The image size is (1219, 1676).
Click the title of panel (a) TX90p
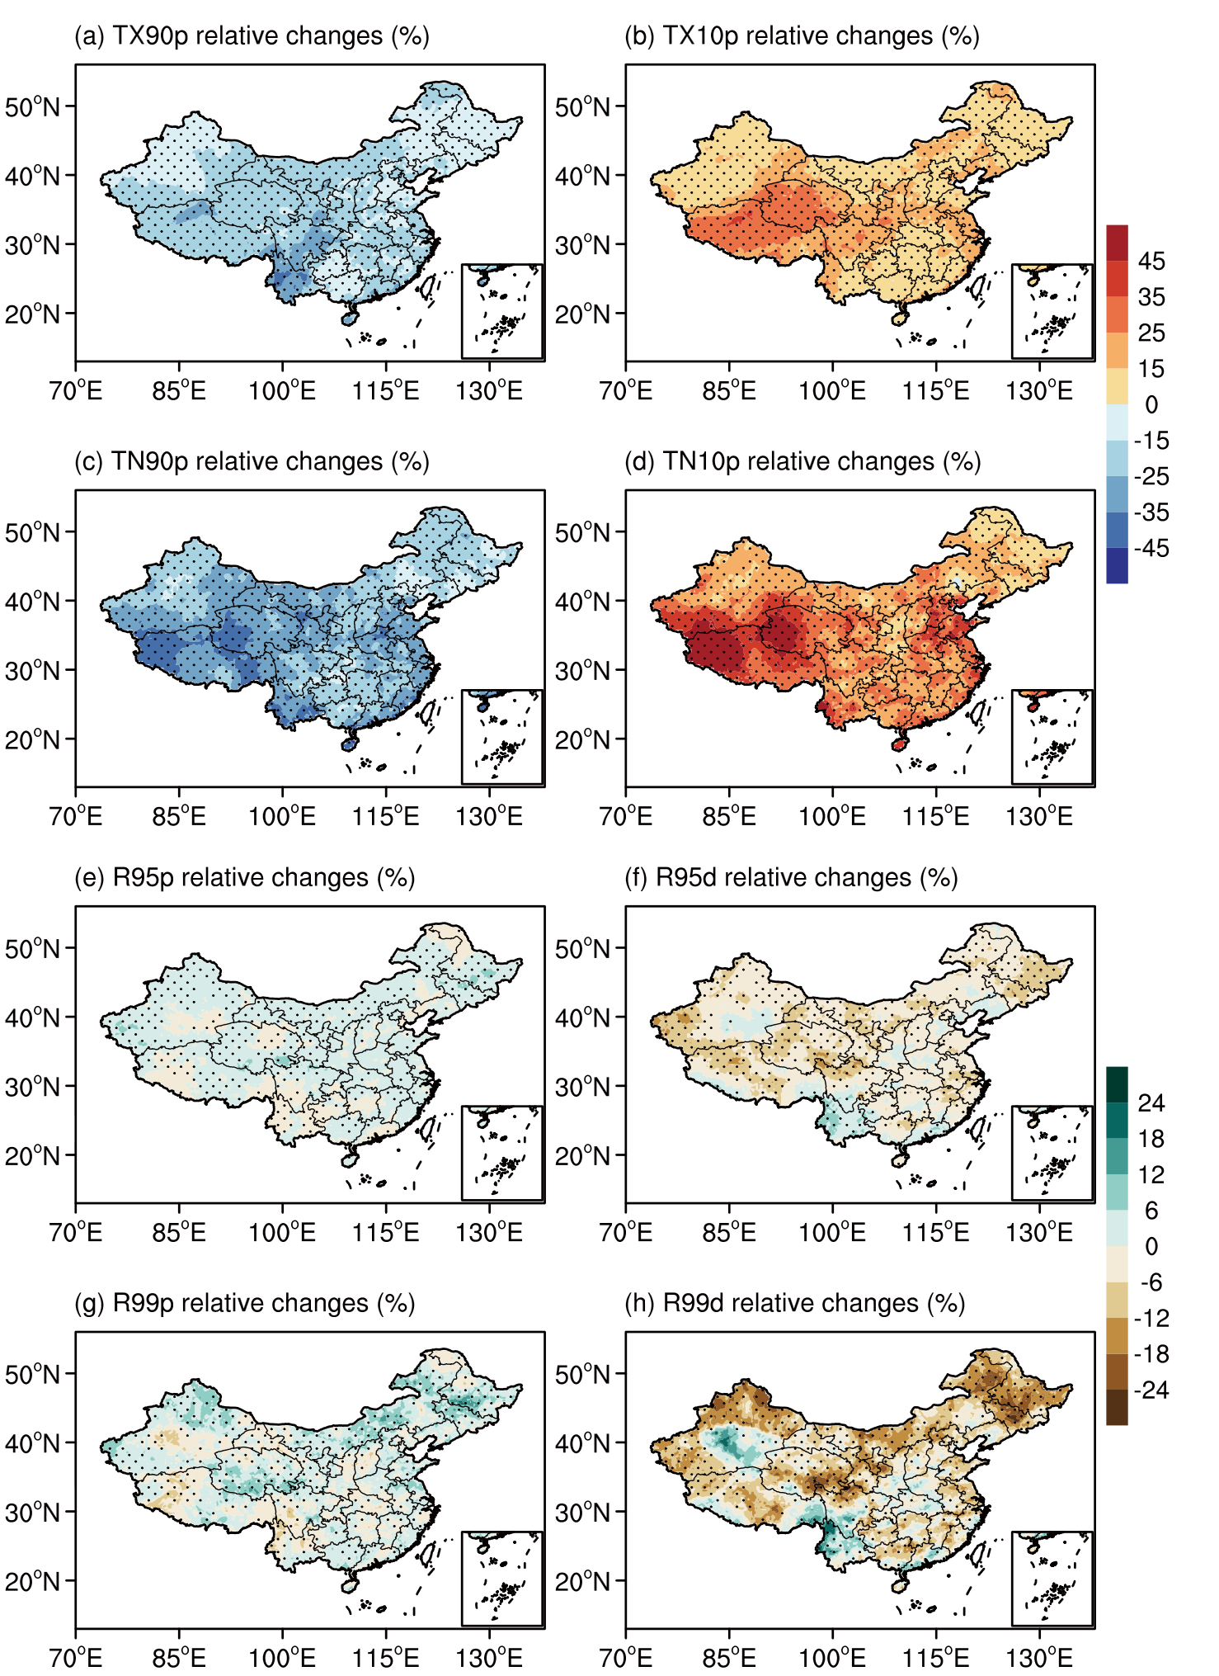pos(252,36)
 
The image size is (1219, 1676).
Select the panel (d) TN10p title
pos(802,462)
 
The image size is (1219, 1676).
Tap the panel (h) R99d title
pos(794,1304)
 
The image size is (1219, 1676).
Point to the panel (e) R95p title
pos(244,878)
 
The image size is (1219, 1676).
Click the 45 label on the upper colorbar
pos(1151,262)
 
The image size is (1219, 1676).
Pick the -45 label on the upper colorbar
pos(1151,549)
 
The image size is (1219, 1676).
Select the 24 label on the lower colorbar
pos(1151,1103)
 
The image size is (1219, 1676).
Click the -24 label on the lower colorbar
pos(1151,1390)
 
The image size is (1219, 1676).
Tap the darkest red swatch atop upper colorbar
pos(1117,243)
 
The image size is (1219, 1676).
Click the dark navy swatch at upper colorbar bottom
pos(1117,565)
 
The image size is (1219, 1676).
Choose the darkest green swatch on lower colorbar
pos(1117,1084)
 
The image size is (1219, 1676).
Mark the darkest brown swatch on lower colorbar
pos(1117,1407)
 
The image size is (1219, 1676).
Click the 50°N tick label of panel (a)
pos(32,107)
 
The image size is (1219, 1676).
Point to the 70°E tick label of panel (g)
pos(76,1659)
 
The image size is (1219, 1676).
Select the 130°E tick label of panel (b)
pos(1039,391)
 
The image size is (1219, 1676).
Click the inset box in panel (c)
pos(501,737)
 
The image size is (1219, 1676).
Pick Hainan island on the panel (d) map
pos(899,744)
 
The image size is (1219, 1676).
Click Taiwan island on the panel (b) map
pos(980,286)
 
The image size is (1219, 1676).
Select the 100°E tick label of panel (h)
pos(832,1659)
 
